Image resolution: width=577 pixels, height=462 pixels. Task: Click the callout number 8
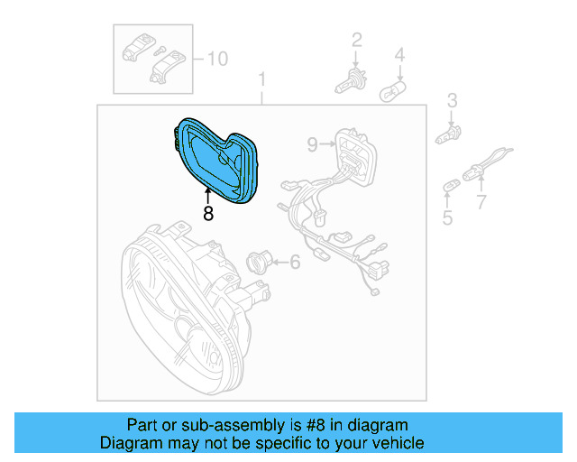coord(208,214)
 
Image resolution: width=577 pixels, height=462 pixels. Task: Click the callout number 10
coord(217,60)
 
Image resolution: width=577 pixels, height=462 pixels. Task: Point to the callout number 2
coord(356,39)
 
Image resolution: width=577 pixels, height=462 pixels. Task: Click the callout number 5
coord(447,217)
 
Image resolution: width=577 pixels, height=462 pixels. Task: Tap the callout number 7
coord(481,200)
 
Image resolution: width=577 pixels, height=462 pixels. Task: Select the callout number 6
coord(294,263)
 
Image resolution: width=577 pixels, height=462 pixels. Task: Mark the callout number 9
coord(312,143)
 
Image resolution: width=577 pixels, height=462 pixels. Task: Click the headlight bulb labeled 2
coord(349,80)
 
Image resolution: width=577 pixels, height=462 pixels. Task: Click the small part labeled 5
coord(449,187)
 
